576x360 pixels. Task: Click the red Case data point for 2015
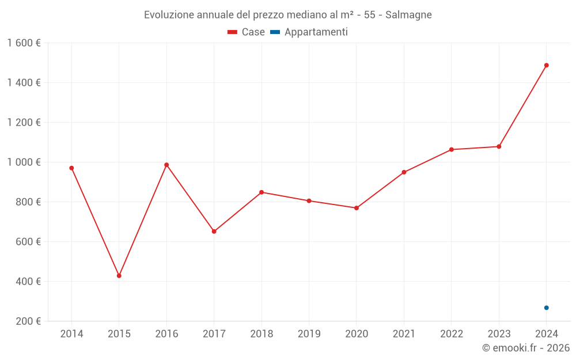coord(119,276)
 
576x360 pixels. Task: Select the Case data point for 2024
coord(546,65)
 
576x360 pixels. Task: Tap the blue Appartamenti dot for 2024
coord(546,308)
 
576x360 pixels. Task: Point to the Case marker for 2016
coord(166,165)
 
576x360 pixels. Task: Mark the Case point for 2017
coord(214,232)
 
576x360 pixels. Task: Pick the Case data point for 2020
coord(357,208)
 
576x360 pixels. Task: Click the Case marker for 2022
coord(452,150)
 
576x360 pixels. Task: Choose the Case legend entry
coord(247,32)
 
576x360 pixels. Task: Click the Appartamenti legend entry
coord(309,32)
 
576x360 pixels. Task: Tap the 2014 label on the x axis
coord(71,334)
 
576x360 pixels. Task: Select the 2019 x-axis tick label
coord(309,334)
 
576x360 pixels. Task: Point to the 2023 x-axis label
coord(499,334)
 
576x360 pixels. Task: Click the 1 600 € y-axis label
coord(24,43)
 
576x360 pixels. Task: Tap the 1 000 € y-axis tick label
coord(24,162)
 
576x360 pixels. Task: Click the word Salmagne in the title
coord(408,15)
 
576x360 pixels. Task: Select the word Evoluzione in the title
coord(168,15)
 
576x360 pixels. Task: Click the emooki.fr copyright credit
coord(526,348)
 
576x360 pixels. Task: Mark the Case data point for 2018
coord(262,192)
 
